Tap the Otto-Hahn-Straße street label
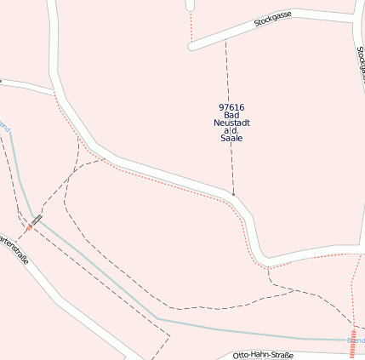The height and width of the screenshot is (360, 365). (x=263, y=355)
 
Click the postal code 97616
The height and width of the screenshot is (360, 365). (x=231, y=107)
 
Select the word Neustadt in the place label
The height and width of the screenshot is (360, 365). (x=231, y=123)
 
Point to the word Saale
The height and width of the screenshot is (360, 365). (x=231, y=138)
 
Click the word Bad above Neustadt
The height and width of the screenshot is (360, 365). (x=231, y=115)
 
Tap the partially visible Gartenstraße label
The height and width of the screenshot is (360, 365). (x=14, y=249)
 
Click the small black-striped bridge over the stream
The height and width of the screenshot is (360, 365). (x=36, y=219)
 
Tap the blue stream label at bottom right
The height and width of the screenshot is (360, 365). (x=356, y=340)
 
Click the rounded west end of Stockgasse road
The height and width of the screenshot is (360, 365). (x=192, y=46)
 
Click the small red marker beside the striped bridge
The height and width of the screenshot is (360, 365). (x=28, y=227)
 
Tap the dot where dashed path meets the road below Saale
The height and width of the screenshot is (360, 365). (x=233, y=194)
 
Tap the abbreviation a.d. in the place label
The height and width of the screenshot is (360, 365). (x=231, y=130)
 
